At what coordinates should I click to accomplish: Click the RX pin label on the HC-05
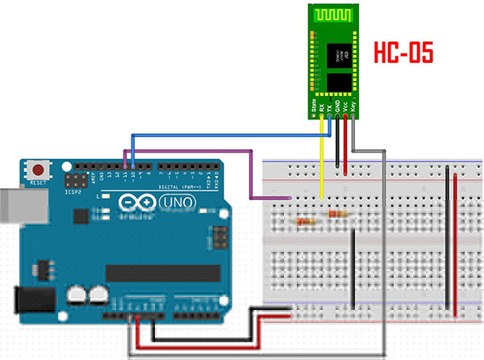tap(322, 105)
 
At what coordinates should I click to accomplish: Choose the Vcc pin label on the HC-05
tap(346, 105)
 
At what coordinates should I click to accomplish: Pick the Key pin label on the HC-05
tap(354, 105)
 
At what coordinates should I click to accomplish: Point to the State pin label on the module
tap(313, 103)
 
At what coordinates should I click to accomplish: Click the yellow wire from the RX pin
tap(322, 161)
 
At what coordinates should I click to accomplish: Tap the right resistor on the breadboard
tap(337, 214)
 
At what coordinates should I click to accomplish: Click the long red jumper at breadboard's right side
tap(457, 242)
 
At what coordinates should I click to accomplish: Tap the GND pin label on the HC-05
tap(338, 105)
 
